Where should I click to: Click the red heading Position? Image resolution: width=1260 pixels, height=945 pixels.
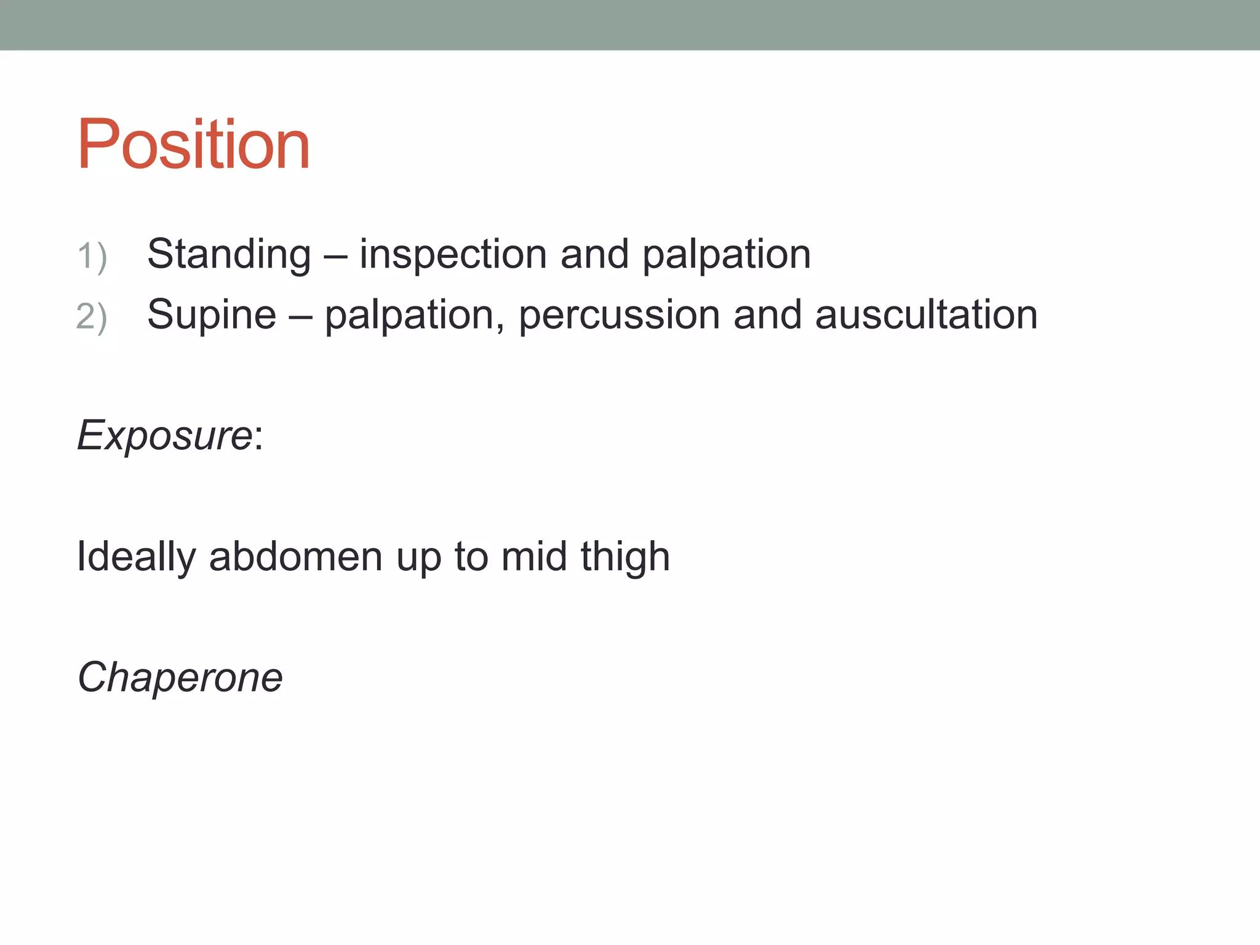tap(193, 145)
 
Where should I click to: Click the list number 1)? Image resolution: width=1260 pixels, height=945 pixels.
tap(92, 256)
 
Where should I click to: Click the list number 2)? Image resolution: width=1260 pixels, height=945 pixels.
tap(92, 317)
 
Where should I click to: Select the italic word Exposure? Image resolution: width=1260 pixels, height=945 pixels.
tap(164, 436)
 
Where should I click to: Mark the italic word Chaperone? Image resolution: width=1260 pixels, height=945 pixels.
tap(180, 677)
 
